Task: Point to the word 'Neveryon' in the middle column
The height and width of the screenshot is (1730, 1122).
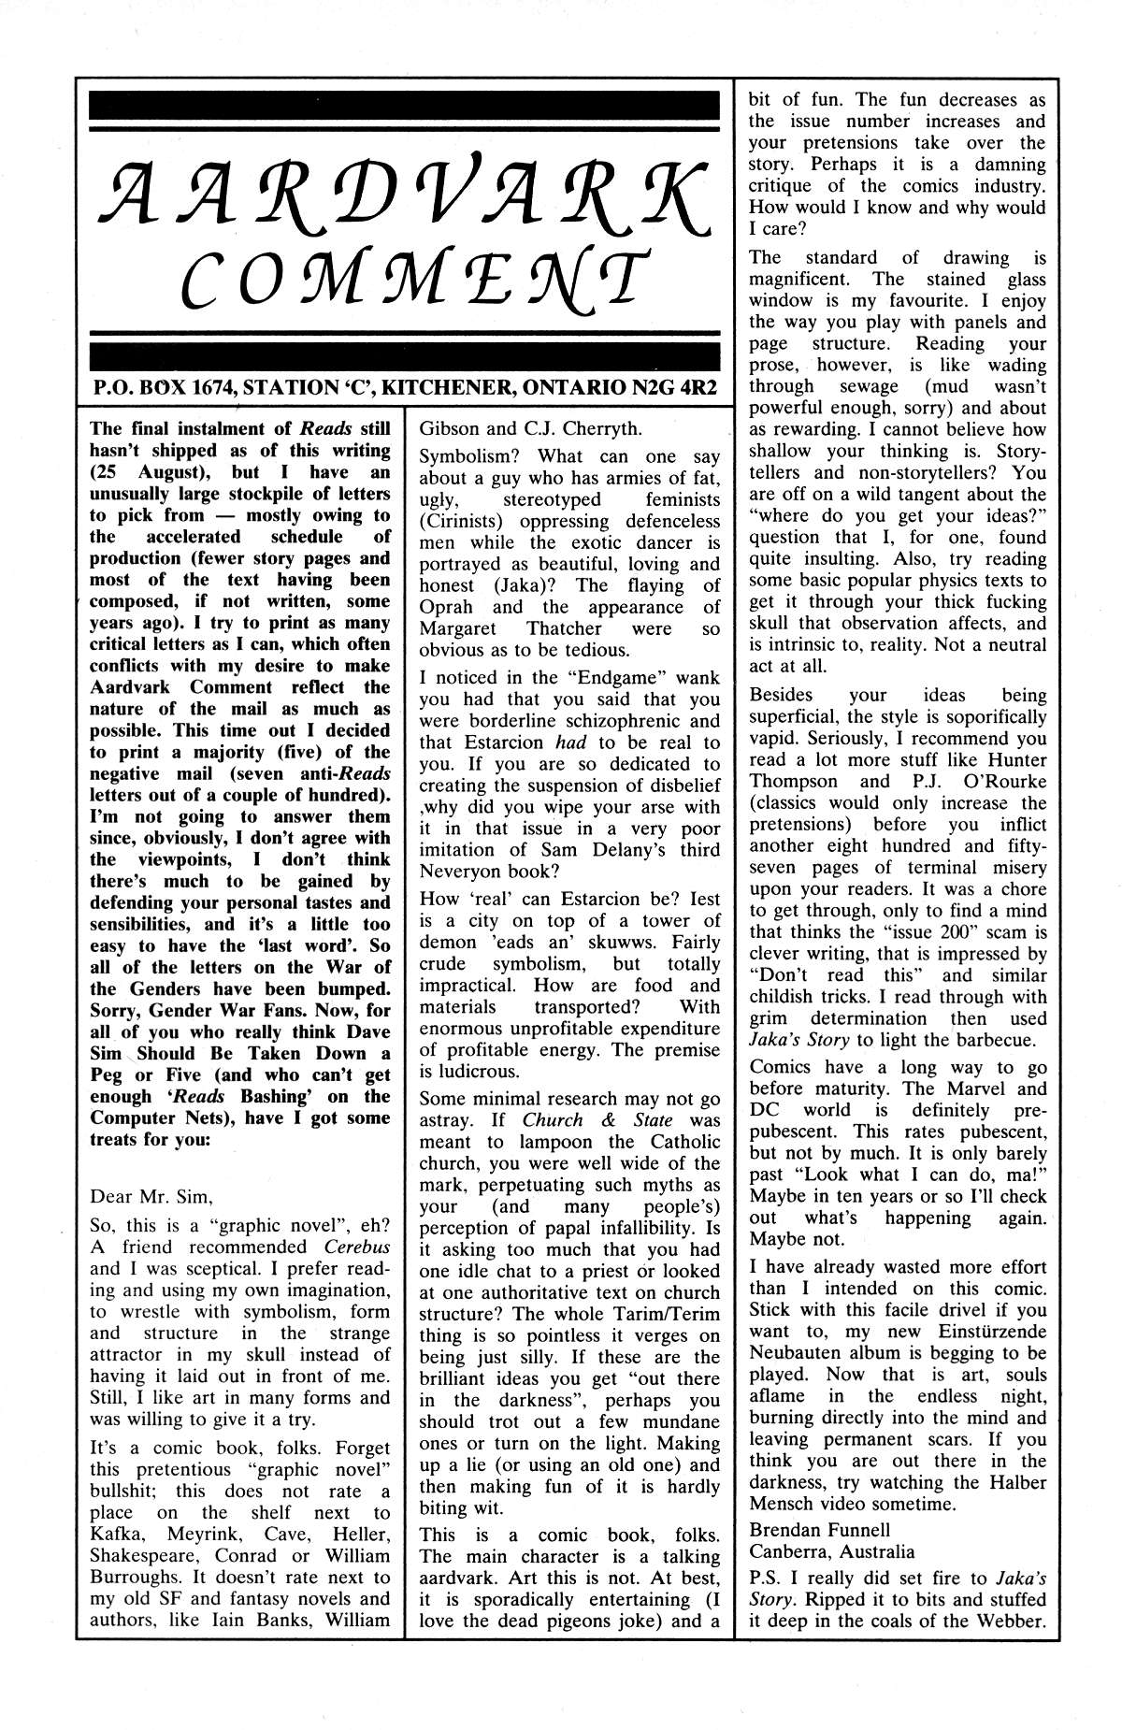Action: [x=467, y=872]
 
